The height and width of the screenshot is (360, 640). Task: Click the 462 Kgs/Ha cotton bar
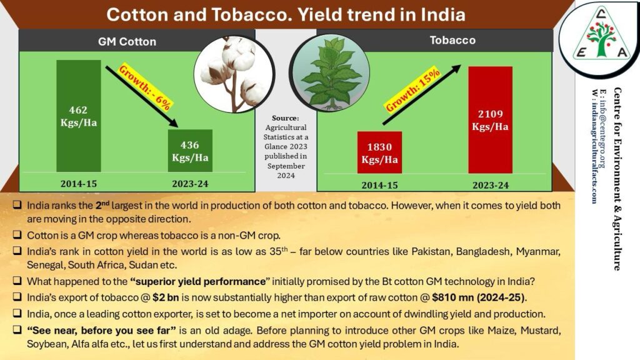pos(78,116)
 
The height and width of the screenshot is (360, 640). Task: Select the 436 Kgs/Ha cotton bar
pos(190,151)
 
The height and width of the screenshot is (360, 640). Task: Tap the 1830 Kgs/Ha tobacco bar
pos(379,152)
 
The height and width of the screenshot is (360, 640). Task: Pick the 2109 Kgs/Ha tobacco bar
pos(490,120)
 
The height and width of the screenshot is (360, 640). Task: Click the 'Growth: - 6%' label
pos(145,88)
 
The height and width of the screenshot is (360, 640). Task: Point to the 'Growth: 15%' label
pos(412,90)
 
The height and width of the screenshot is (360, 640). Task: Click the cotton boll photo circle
pos(234,74)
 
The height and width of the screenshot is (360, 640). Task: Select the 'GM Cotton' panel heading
pos(127,42)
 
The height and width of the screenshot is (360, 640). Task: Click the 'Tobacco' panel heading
pos(452,40)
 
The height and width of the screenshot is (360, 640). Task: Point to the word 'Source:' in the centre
pos(286,118)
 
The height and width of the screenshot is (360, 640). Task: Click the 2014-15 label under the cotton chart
pos(79,184)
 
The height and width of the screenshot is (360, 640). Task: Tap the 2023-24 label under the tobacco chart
pos(491,185)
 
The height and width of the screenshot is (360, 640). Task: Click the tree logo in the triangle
pos(601,39)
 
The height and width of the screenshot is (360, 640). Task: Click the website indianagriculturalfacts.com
pos(594,146)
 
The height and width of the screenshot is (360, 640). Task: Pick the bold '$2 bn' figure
pos(166,297)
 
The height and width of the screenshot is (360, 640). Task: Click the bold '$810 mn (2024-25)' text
pos(478,297)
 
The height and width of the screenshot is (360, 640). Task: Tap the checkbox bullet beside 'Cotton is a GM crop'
pos(17,235)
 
